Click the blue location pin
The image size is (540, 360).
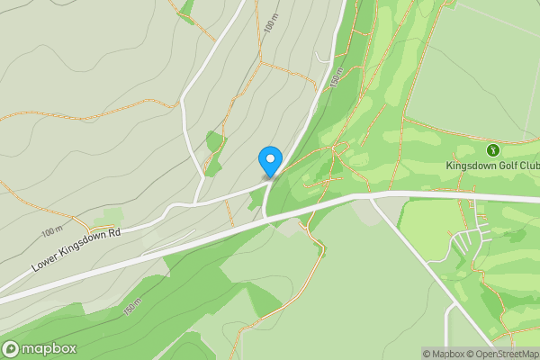tap(269, 160)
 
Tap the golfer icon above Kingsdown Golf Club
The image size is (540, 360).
tap(492, 149)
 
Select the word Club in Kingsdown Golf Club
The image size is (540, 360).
tap(530, 166)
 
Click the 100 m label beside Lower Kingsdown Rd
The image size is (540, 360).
tap(50, 232)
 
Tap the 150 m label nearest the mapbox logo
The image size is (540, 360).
tap(132, 307)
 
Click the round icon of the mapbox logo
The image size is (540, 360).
tap(12, 348)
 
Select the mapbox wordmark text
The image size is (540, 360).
tap(49, 348)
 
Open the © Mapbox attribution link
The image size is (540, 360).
tap(444, 354)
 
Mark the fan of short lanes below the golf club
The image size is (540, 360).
tap(468, 241)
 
